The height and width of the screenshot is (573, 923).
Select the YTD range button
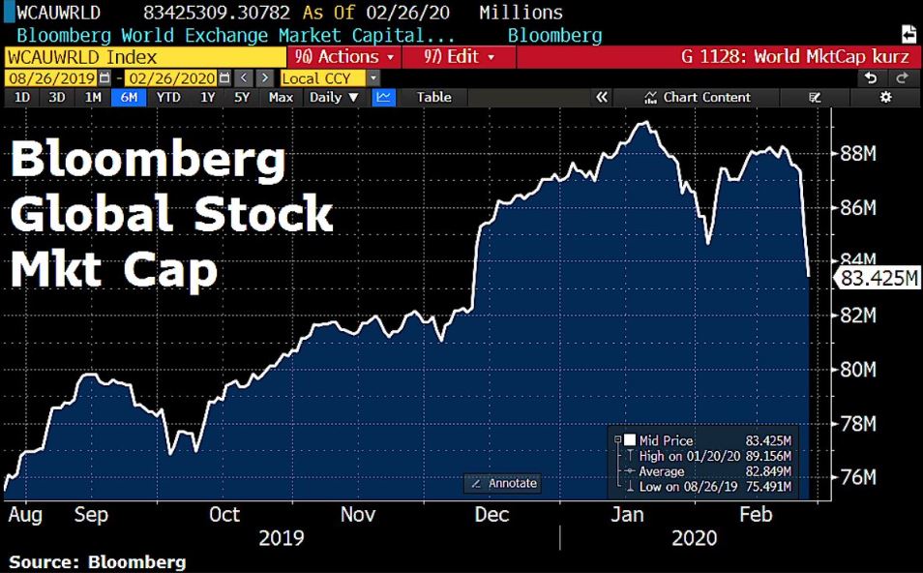(168, 97)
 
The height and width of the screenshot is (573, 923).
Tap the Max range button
(281, 97)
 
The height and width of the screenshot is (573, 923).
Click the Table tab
(433, 97)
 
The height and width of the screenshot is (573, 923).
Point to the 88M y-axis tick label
(857, 153)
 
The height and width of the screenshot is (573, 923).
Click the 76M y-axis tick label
(857, 478)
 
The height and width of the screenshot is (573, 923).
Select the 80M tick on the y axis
(857, 370)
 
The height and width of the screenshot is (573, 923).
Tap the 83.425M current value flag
(877, 279)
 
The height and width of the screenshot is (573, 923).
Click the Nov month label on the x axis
(357, 515)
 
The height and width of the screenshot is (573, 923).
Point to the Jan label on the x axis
(628, 515)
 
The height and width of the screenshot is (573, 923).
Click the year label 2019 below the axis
(282, 538)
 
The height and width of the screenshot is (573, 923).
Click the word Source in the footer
(44, 561)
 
